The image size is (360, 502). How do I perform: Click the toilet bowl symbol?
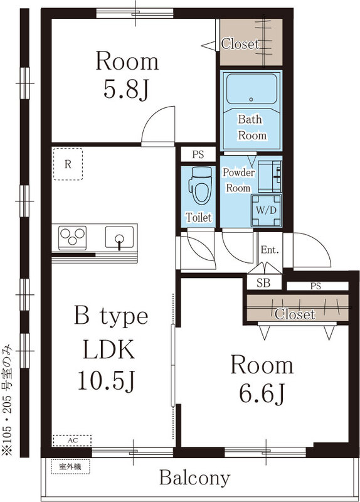click(x=199, y=186)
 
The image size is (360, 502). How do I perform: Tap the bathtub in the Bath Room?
click(x=251, y=92)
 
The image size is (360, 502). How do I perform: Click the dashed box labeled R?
click(x=68, y=164)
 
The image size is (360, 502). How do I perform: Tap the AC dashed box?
click(x=72, y=440)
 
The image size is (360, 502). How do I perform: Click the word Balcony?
click(x=194, y=478)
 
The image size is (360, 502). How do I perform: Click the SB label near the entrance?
click(x=263, y=283)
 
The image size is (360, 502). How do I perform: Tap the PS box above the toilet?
click(x=198, y=154)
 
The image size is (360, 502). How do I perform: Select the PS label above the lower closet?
click(x=315, y=286)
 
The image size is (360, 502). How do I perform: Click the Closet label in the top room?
click(x=240, y=44)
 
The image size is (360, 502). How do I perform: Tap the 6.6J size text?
click(x=262, y=393)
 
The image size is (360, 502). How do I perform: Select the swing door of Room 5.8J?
click(x=157, y=125)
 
